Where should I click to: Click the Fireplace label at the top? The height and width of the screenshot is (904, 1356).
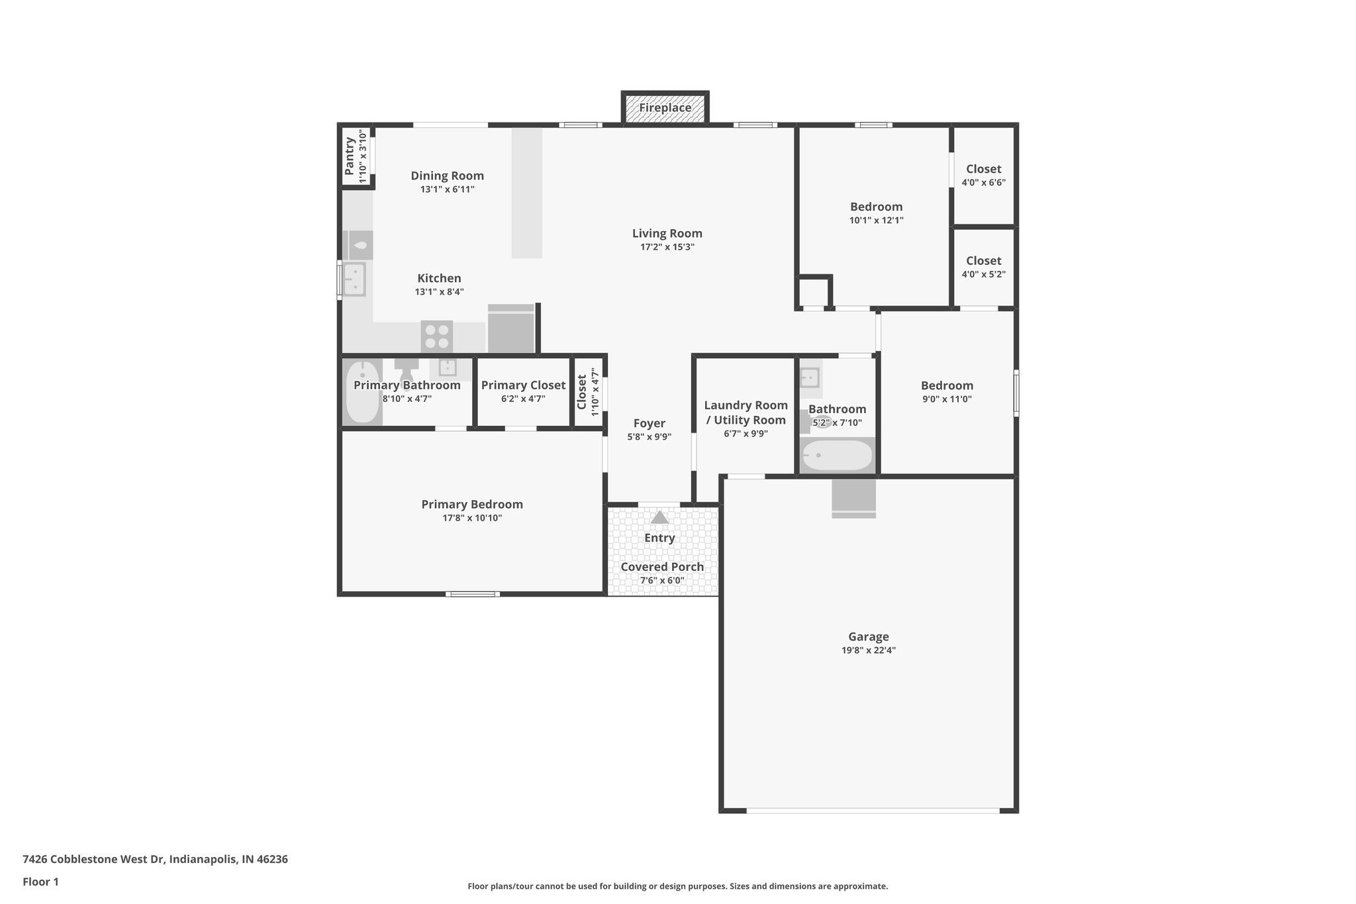coord(665,108)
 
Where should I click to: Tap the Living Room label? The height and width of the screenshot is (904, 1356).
coord(667,233)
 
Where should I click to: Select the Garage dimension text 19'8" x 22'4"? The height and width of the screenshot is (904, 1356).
coord(868,650)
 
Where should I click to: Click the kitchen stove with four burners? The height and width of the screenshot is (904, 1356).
coord(437,336)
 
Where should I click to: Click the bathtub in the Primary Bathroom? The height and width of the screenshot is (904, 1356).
coord(362,392)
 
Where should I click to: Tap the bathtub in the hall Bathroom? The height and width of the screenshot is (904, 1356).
coord(837,456)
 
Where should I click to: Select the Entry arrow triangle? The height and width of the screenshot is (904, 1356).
coord(659,517)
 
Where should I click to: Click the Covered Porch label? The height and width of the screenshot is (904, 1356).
coord(662,567)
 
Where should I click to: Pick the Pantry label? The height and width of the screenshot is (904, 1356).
coord(350,156)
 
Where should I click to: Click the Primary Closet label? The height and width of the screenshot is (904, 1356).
coord(523,385)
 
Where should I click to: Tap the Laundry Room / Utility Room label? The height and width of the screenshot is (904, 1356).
coord(746,413)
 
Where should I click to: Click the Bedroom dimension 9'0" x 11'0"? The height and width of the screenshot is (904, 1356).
coord(947,399)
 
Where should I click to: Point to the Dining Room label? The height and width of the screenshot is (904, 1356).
coord(447,176)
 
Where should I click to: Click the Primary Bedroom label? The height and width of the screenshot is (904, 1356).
coord(472,505)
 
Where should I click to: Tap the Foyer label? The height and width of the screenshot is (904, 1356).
coord(649,424)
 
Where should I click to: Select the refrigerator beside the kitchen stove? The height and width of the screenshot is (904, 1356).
coord(510,330)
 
